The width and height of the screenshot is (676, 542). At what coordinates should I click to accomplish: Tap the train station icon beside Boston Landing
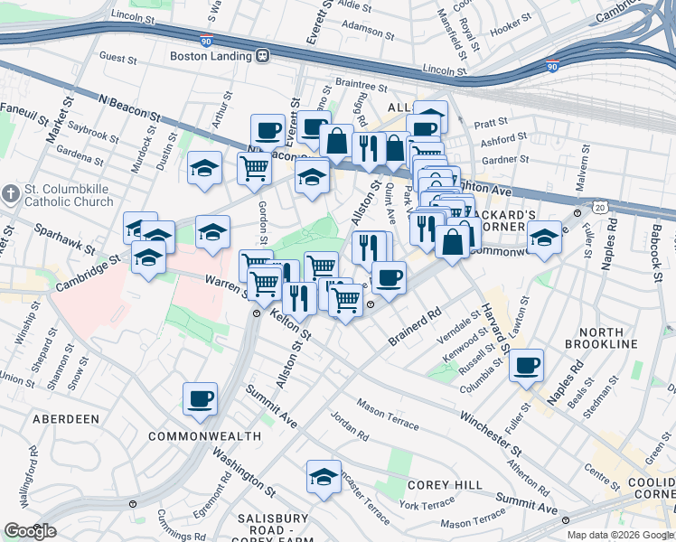[x=263, y=55]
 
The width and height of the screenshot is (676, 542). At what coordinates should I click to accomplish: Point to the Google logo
[x=30, y=531]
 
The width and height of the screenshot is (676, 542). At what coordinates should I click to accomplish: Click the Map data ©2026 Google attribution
[x=620, y=535]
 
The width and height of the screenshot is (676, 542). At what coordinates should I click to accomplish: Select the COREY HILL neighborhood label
[x=445, y=485]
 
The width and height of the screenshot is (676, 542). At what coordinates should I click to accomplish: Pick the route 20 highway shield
[x=600, y=207]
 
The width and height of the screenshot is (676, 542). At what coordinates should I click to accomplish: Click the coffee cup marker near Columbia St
[x=526, y=365]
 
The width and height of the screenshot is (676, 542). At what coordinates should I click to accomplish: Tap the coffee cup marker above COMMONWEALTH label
[x=200, y=397]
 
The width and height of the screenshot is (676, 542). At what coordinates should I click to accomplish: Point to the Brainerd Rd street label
[x=415, y=326]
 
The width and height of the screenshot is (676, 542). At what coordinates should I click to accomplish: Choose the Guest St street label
[x=117, y=57]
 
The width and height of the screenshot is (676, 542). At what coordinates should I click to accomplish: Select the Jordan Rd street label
[x=349, y=425]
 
